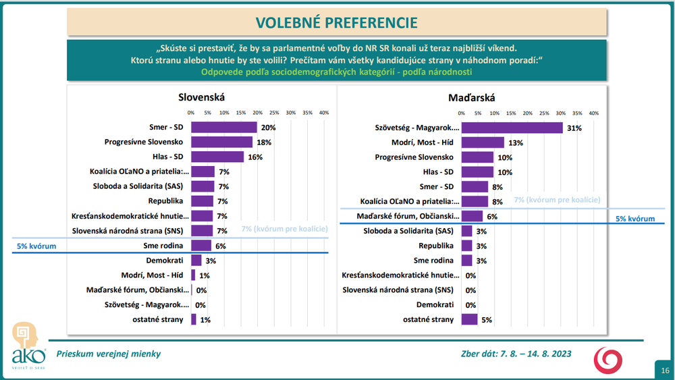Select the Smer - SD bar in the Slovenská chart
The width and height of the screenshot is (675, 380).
[x=224, y=127]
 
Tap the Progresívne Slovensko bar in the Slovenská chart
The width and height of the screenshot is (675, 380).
[x=221, y=142]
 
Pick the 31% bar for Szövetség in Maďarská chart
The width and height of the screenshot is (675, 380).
[x=512, y=128]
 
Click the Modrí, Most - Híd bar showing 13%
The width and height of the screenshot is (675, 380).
[x=483, y=142]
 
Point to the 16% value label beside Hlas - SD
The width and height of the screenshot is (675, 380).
[x=256, y=157]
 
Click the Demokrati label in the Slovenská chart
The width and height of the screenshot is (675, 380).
[x=164, y=260]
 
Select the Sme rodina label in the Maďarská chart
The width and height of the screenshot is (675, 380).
[x=434, y=261]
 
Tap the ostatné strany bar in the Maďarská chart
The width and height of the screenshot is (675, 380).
[x=469, y=319]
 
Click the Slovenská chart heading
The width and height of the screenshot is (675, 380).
[x=201, y=99]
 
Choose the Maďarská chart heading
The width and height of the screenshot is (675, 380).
[x=470, y=99]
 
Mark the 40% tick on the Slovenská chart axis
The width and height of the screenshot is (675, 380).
[x=323, y=113]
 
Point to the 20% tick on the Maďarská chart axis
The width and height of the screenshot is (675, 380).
[x=527, y=113]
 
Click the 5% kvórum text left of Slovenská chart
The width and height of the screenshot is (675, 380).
[x=37, y=246]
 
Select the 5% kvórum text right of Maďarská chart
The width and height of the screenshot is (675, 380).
[x=635, y=219]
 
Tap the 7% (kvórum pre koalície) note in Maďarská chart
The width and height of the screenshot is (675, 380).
[x=557, y=200]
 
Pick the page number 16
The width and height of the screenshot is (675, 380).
[x=665, y=370]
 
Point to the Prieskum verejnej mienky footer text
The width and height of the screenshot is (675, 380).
[x=109, y=354]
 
